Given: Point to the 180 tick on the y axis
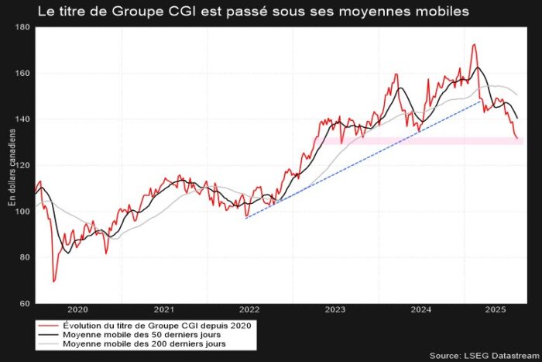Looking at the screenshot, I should [x=22, y=27].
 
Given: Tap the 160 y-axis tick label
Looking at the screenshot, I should [x=22, y=74].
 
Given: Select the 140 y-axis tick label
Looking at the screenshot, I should [x=22, y=119].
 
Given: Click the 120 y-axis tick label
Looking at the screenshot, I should [x=22, y=165].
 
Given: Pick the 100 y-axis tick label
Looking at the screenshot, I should [x=22, y=211].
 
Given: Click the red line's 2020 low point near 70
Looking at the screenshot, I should [x=53, y=281].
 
